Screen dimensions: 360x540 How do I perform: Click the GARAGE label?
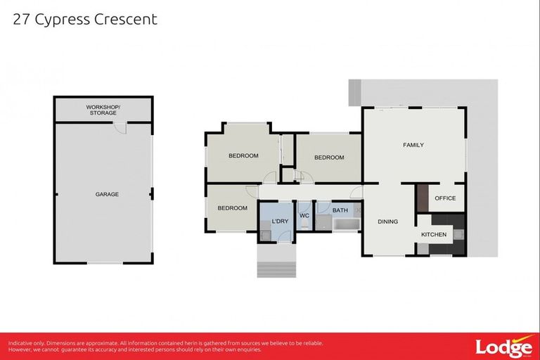coord(107,194)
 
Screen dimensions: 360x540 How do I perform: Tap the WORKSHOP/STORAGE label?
coord(103,110)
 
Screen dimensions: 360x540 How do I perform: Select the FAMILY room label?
coord(413,146)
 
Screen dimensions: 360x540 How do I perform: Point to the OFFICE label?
coord(445,198)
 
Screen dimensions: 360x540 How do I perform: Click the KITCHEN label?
coord(434,234)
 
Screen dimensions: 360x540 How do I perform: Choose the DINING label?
coord(387,221)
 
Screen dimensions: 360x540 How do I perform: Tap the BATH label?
coord(340,210)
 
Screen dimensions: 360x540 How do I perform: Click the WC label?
coord(304,215)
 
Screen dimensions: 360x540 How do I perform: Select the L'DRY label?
coord(280,222)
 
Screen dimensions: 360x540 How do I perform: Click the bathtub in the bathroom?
coord(346,225)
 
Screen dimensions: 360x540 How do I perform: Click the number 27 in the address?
coord(22,19)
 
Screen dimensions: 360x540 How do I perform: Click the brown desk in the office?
coord(422,198)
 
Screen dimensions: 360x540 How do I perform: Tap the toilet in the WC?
coord(304,226)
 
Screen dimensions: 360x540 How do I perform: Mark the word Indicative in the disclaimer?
coord(22,343)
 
